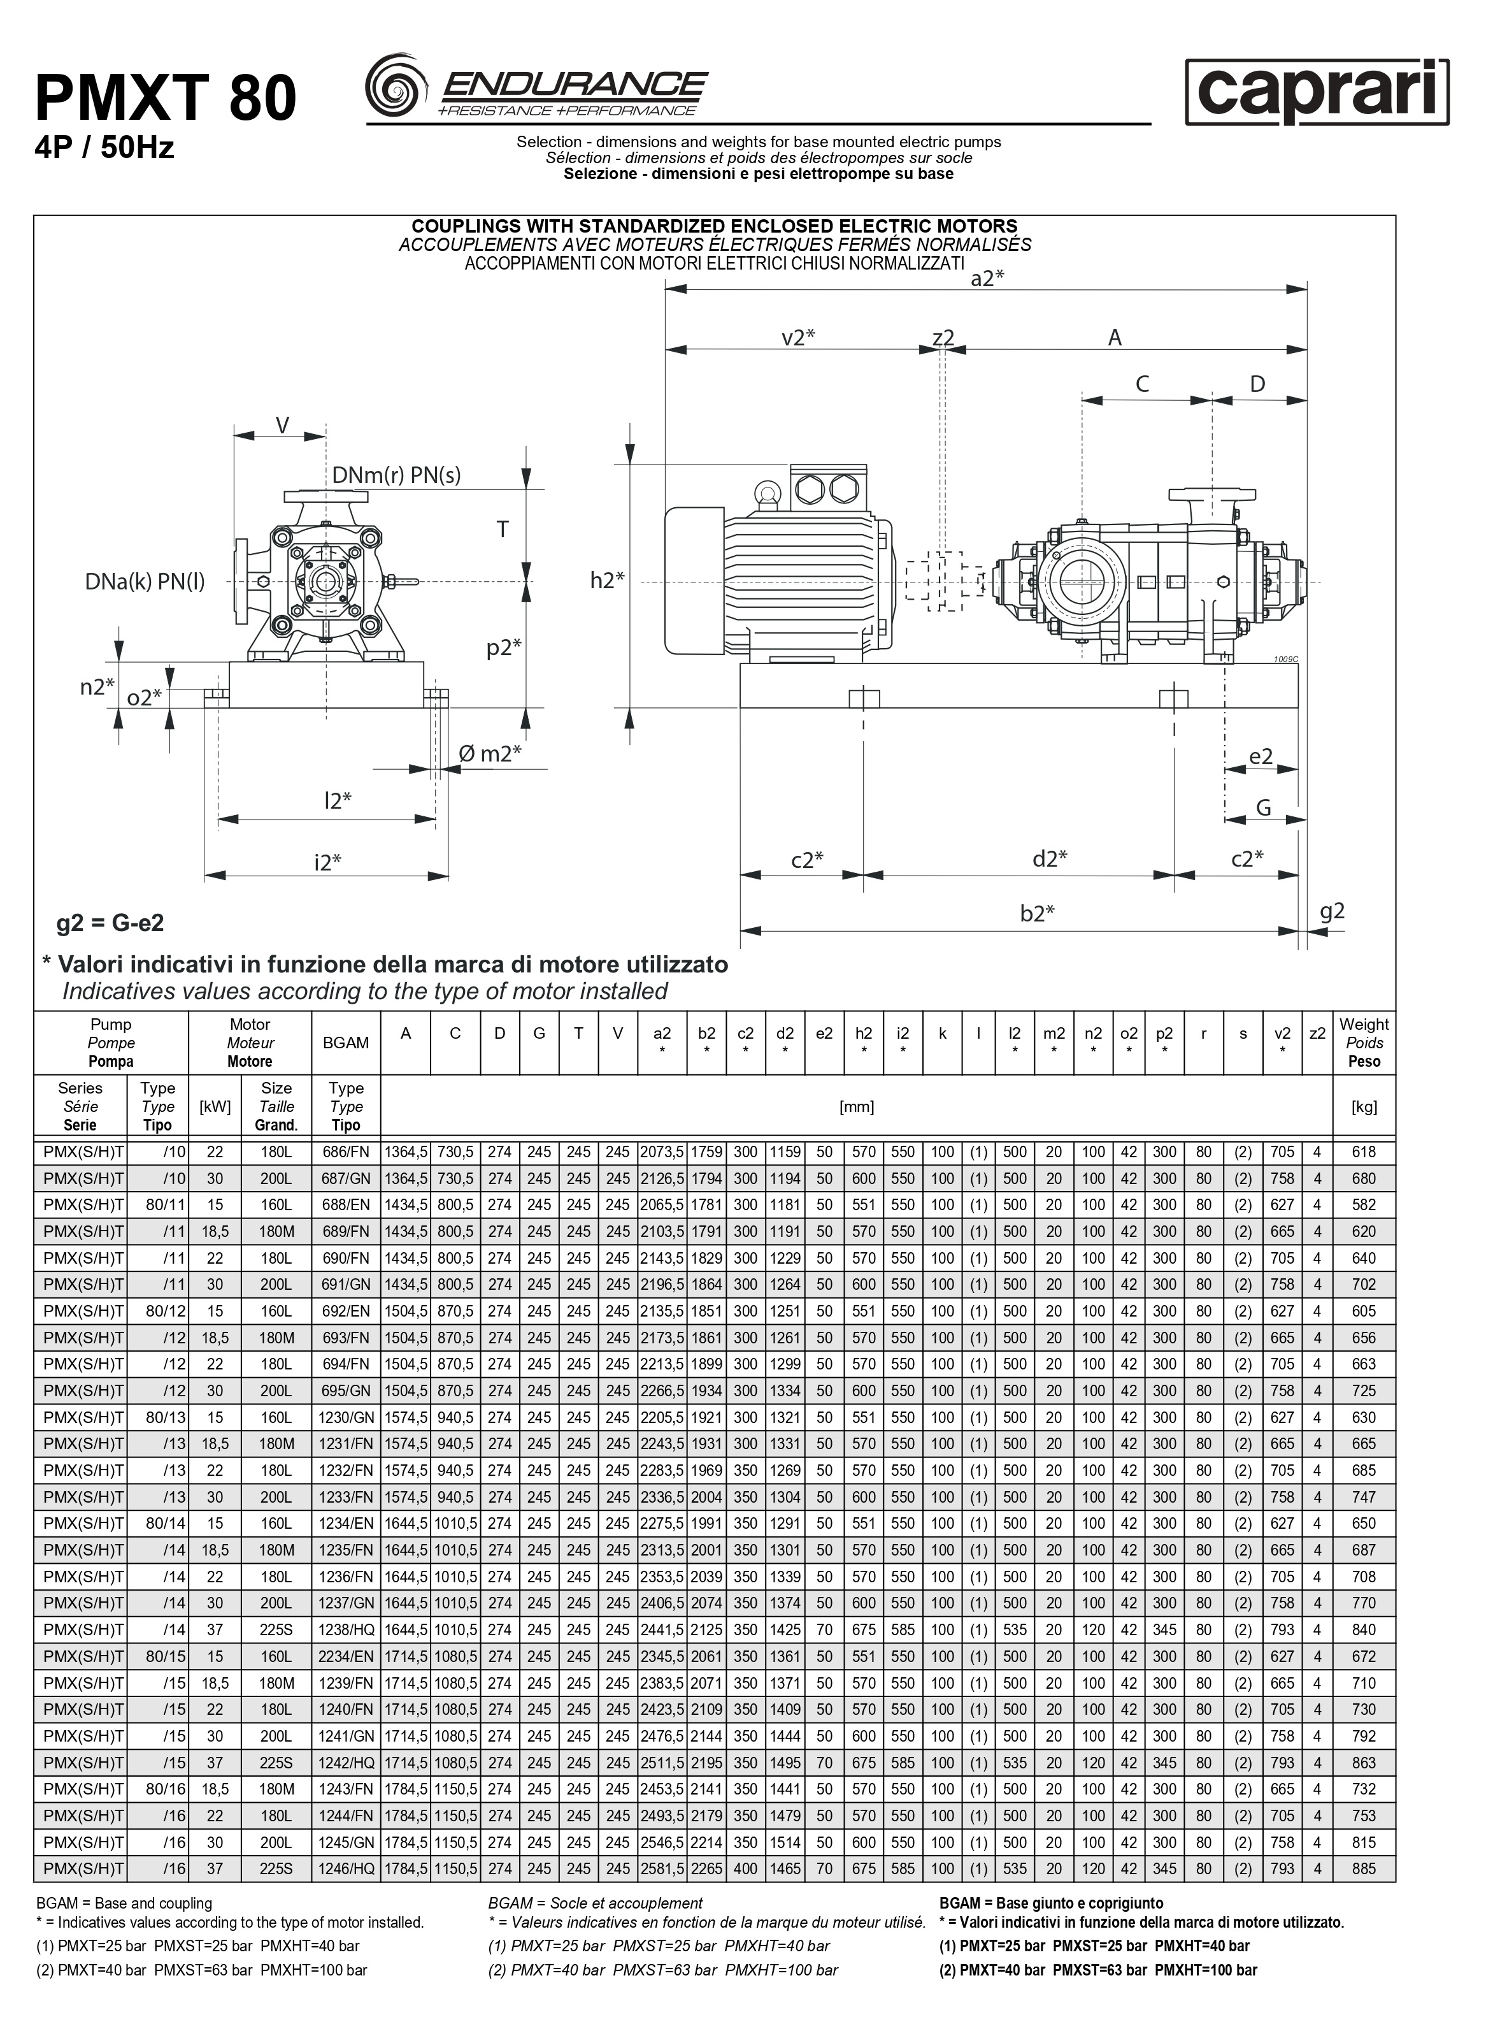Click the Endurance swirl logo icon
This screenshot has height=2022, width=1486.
pos(396,85)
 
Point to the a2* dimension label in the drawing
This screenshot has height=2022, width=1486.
pos(987,279)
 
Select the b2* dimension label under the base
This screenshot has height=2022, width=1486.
pos(1036,913)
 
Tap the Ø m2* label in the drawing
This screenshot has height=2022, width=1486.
pos(489,753)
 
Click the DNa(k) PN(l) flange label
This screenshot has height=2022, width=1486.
pos(145,582)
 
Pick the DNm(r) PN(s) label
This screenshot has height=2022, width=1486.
pos(396,475)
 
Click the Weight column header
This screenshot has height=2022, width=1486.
pos(1364,1043)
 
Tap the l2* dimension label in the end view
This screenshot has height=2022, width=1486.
pos(338,800)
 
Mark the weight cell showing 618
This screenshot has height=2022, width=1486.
pos(1364,1152)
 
